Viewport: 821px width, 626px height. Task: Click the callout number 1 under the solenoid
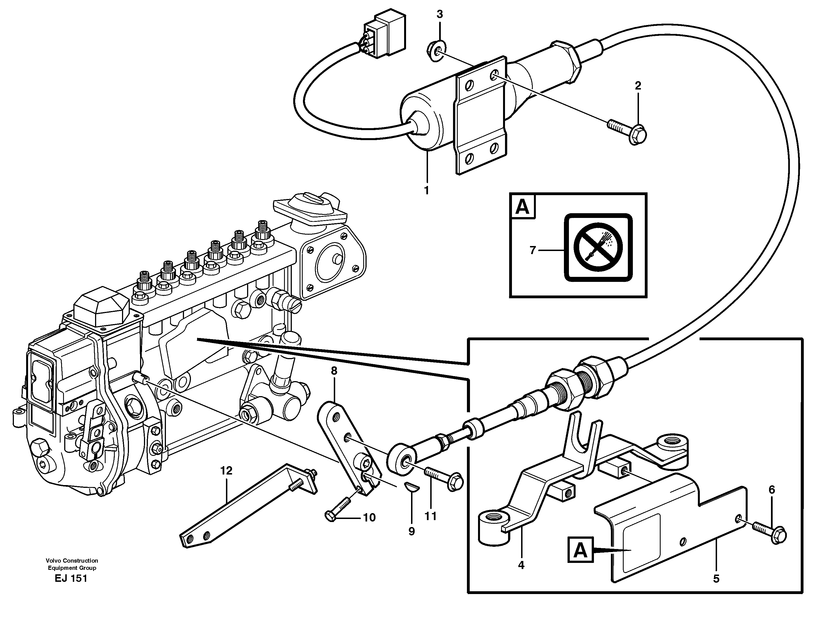pos(427,190)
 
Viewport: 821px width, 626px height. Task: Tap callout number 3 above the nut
pos(440,14)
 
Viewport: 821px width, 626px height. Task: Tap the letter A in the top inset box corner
pos(522,207)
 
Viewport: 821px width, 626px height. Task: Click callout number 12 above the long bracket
pos(226,471)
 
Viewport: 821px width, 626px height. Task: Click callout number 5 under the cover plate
pos(716,579)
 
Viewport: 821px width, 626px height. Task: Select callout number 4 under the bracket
pos(521,565)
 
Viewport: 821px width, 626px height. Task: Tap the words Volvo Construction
pos(72,560)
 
